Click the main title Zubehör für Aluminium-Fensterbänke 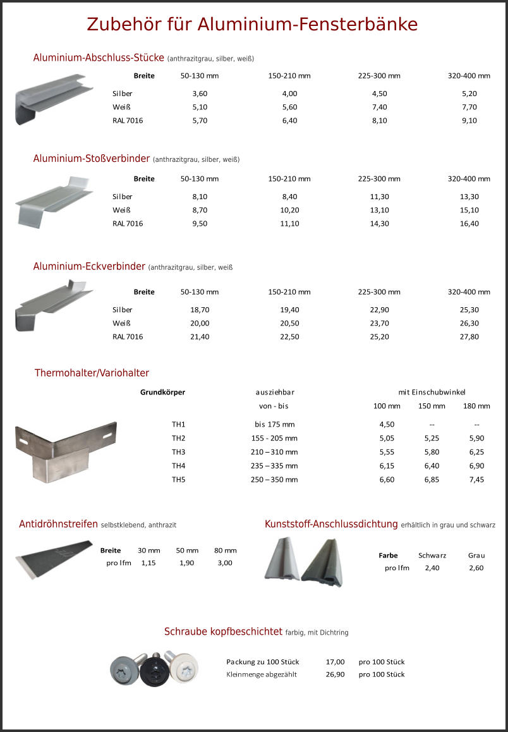click(x=252, y=24)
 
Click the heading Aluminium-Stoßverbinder click(x=92, y=159)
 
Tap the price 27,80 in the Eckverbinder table click(x=469, y=337)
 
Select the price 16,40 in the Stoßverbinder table click(x=469, y=224)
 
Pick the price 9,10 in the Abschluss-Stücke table click(x=469, y=121)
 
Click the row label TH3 click(x=178, y=452)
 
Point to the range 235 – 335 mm click(x=274, y=466)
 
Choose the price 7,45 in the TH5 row click(x=477, y=480)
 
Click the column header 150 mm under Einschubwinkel click(x=432, y=406)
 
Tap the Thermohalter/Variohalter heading click(x=92, y=373)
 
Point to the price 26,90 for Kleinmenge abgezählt click(x=335, y=674)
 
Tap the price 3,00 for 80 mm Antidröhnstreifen click(x=225, y=563)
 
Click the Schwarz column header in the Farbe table click(x=432, y=556)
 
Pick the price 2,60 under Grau click(x=476, y=568)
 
